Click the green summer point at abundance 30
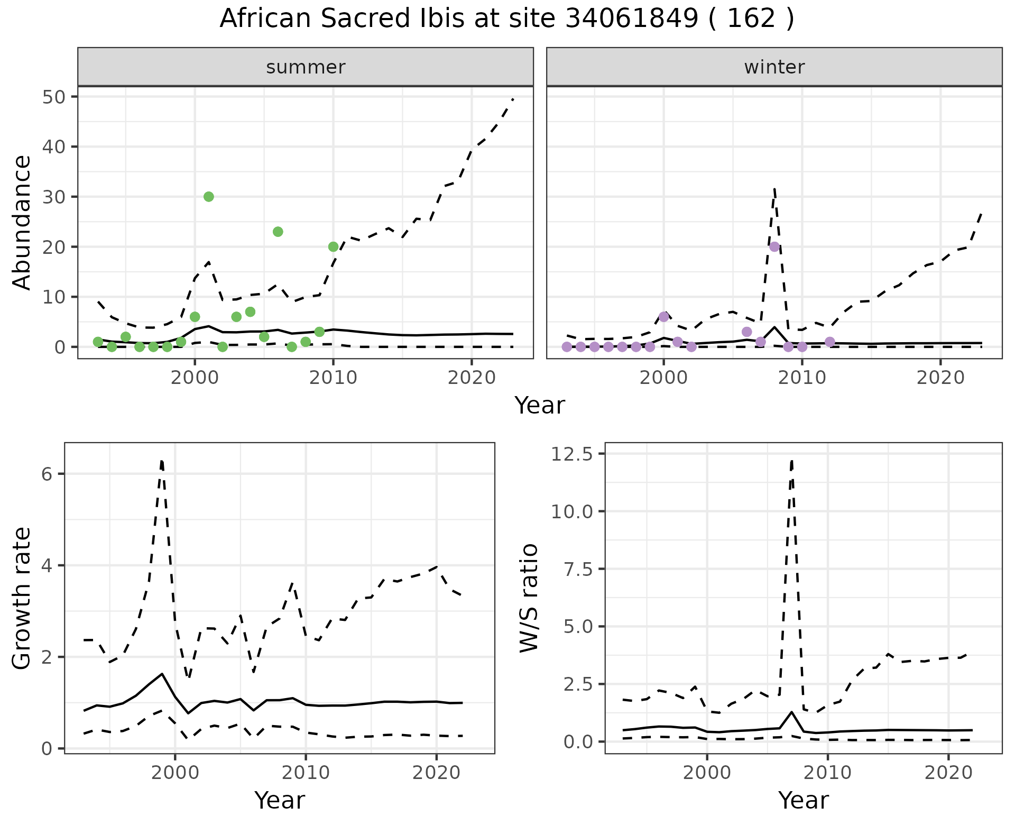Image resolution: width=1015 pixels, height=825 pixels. click(x=209, y=197)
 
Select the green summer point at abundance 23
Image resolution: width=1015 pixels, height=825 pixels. click(x=278, y=232)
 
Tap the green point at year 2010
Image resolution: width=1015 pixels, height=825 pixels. click(x=333, y=247)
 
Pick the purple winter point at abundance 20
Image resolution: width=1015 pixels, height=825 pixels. click(x=774, y=247)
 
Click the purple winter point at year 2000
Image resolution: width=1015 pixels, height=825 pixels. click(x=664, y=317)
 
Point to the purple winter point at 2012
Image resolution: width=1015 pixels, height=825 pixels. click(x=830, y=342)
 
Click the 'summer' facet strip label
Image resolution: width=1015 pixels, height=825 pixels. click(x=306, y=67)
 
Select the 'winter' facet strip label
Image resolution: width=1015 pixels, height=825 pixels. click(x=774, y=67)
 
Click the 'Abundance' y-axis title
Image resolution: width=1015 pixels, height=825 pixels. click(x=22, y=222)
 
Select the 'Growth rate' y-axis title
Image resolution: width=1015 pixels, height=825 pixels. click(x=22, y=598)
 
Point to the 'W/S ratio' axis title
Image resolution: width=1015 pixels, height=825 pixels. click(x=529, y=598)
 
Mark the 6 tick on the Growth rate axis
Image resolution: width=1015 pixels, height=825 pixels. click(x=48, y=474)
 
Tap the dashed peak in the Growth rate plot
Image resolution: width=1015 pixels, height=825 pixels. click(x=162, y=461)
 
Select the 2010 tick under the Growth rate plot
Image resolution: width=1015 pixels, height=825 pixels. click(x=306, y=773)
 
